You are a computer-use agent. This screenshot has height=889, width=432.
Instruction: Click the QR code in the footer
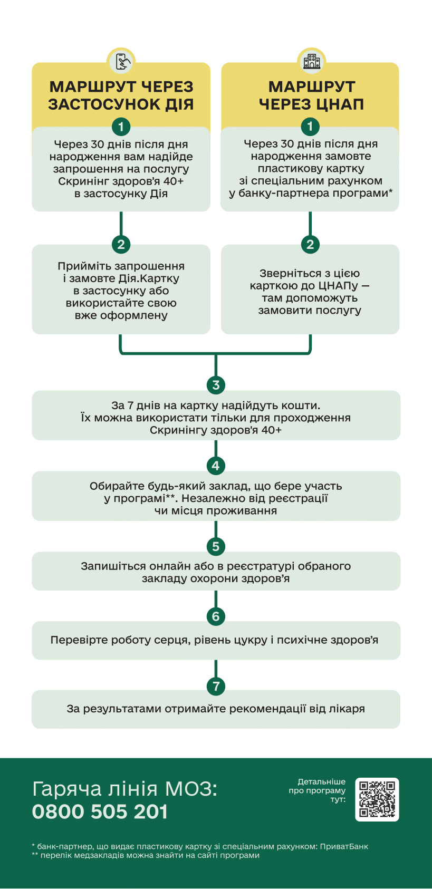pyautogui.click(x=377, y=799)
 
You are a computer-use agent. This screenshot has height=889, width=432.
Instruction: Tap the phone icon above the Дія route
pyautogui.click(x=121, y=62)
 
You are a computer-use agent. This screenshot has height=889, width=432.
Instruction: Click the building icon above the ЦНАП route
pyautogui.click(x=311, y=62)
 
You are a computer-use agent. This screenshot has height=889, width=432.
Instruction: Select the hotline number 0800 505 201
pyautogui.click(x=100, y=811)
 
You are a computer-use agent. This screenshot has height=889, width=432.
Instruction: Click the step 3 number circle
pyautogui.click(x=216, y=385)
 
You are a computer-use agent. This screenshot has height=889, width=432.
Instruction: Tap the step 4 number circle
pyautogui.click(x=216, y=466)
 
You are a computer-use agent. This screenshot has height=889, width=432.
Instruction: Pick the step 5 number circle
pyautogui.click(x=216, y=546)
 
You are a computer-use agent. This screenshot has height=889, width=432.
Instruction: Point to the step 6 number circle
pyautogui.click(x=216, y=616)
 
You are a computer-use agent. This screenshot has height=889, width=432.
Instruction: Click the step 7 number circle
pyautogui.click(x=216, y=686)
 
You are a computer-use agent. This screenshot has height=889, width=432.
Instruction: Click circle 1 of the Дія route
pyautogui.click(x=121, y=127)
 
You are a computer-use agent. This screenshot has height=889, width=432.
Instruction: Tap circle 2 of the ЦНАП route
pyautogui.click(x=310, y=244)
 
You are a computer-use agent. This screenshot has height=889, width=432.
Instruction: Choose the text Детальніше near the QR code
pyautogui.click(x=321, y=781)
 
